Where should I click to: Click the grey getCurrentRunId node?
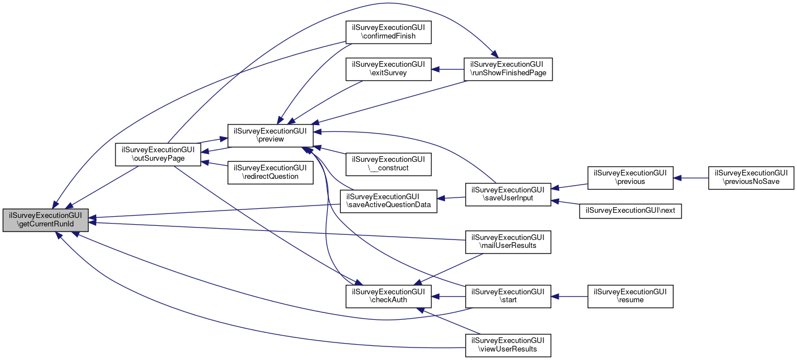tap(46, 220)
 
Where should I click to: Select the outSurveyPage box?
tap(158, 154)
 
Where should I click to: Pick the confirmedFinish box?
tap(388, 32)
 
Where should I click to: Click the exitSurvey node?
tap(388, 68)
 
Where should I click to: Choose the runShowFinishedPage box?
tap(508, 68)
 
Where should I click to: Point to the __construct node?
tap(388, 164)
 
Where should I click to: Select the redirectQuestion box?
tap(270, 173)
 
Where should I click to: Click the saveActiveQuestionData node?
tap(388, 202)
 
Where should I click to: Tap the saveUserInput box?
tap(508, 194)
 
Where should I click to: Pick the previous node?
tap(630, 177)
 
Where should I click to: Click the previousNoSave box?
tap(752, 177)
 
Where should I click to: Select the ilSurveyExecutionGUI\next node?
tap(630, 210)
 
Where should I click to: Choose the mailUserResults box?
tap(508, 241)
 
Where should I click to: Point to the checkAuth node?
tap(388, 296)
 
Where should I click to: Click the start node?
tap(508, 296)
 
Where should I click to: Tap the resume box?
tap(630, 296)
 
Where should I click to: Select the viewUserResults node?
tap(508, 345)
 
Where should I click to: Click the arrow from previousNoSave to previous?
tap(691, 177)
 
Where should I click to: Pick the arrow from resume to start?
tap(569, 296)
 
